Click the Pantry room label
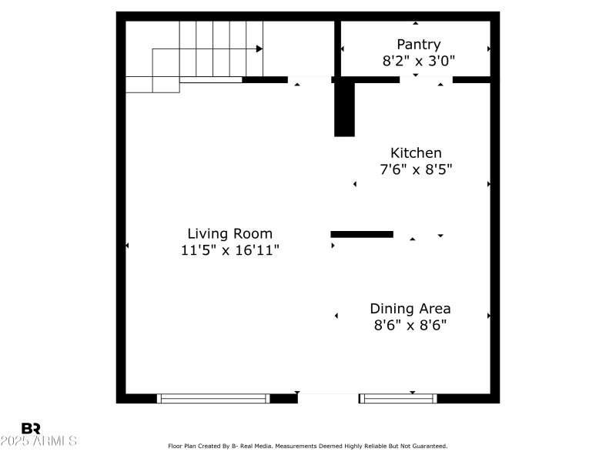(x=418, y=45)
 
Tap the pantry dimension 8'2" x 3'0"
(x=418, y=62)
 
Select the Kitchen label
(x=416, y=153)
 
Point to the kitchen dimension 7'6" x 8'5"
(x=416, y=170)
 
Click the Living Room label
(x=229, y=233)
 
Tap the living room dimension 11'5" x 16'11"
(x=229, y=250)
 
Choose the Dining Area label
(x=410, y=309)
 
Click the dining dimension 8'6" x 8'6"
(x=410, y=326)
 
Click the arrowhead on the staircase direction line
(x=259, y=49)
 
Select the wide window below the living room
(x=213, y=398)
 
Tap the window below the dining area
(x=398, y=398)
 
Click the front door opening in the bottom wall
(x=328, y=398)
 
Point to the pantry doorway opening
(x=426, y=79)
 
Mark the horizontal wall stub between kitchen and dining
(x=362, y=234)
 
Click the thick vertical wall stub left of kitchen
(x=344, y=108)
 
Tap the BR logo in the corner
(x=31, y=428)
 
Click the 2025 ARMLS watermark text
(x=38, y=441)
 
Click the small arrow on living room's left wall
(x=127, y=246)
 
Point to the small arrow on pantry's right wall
(x=489, y=49)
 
